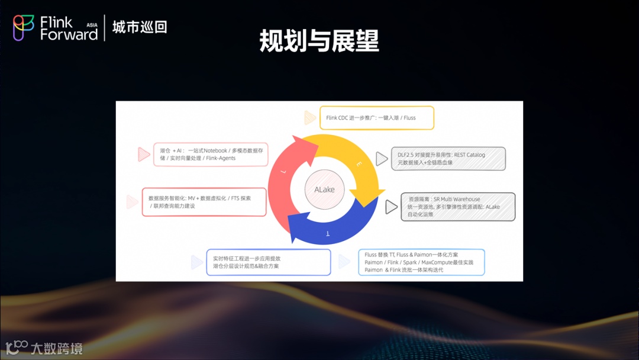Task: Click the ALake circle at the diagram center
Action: (324, 189)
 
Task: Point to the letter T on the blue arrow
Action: (329, 235)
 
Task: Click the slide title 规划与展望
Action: (319, 41)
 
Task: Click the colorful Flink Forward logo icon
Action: (24, 28)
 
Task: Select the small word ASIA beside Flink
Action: (92, 25)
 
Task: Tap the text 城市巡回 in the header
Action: (140, 27)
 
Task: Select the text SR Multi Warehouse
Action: (457, 200)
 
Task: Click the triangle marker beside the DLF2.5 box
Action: (382, 159)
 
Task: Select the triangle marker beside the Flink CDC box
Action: (310, 118)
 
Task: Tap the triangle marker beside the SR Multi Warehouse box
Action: (391, 207)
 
